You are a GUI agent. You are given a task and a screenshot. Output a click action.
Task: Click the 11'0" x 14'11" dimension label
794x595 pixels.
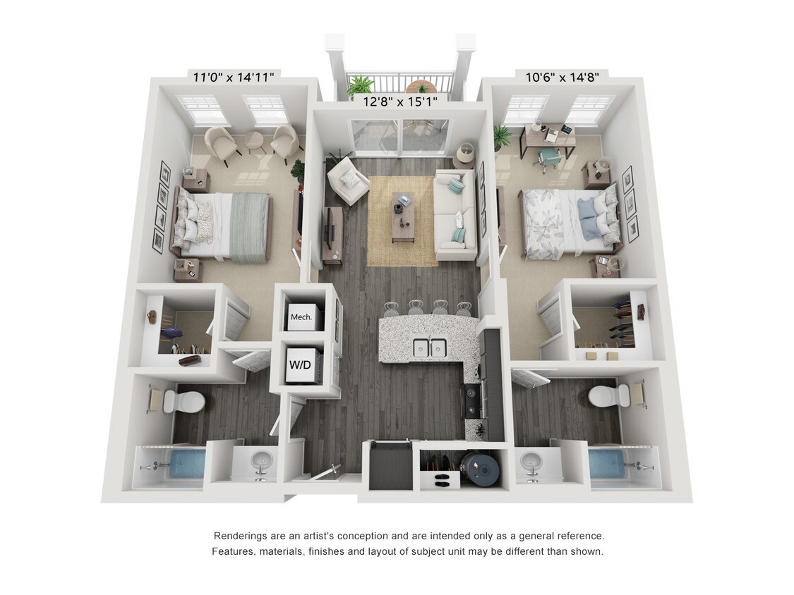coord(234,78)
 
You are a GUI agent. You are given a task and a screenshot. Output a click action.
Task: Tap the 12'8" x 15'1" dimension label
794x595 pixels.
coord(400,102)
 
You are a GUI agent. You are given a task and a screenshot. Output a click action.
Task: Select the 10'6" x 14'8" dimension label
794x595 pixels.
coord(562,78)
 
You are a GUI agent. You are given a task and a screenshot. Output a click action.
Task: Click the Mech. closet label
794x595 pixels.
coord(301,317)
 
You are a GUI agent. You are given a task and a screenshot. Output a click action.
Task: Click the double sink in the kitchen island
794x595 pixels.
coord(429,347)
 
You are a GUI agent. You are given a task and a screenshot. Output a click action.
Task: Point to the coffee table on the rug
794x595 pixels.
coord(403,219)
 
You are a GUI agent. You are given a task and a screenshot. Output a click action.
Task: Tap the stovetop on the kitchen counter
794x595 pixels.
coord(471,401)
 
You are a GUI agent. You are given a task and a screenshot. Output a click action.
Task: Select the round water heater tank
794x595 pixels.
coord(480,469)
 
